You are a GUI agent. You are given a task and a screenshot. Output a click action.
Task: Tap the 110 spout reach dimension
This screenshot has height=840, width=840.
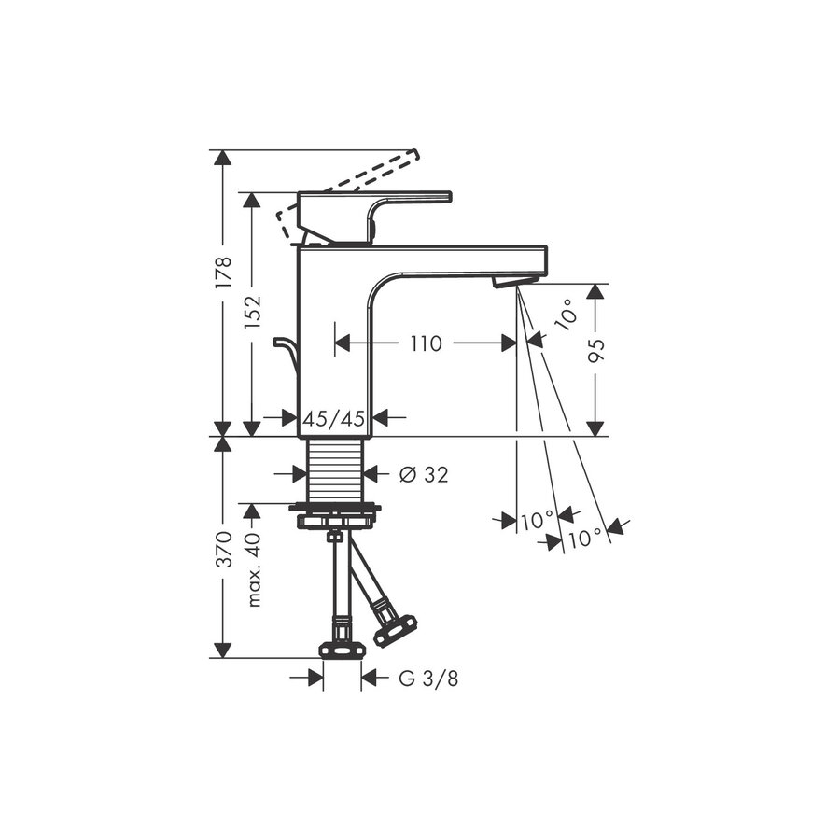(x=425, y=343)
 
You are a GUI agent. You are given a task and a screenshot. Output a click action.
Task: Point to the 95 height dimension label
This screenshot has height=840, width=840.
(x=595, y=350)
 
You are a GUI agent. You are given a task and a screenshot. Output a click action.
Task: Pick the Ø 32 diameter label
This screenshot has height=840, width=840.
(x=423, y=475)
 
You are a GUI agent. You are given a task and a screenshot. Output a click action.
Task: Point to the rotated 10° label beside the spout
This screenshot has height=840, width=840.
(x=566, y=315)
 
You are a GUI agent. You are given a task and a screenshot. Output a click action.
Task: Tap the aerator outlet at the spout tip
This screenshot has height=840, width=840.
(x=514, y=280)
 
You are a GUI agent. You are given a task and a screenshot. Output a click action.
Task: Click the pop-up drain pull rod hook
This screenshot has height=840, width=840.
(x=285, y=348)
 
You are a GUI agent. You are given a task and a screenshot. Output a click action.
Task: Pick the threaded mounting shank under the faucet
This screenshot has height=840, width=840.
(x=335, y=470)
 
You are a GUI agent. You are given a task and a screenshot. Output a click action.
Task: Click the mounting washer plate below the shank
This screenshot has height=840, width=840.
(x=335, y=509)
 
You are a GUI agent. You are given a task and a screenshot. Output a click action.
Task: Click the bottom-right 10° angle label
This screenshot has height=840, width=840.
(x=584, y=538)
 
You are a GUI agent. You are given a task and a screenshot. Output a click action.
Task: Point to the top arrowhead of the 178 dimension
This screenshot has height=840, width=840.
(x=222, y=157)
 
